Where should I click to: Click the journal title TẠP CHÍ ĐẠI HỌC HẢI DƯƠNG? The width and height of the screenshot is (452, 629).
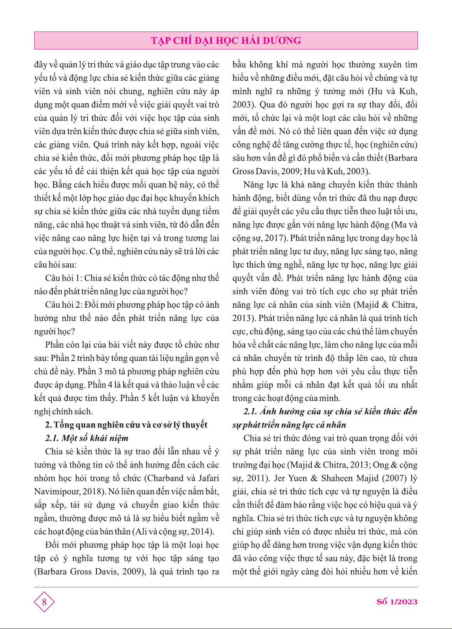tap(226, 40)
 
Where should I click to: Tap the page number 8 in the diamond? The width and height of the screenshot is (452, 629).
tap(44, 602)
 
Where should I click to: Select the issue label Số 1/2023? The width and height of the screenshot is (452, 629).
tap(397, 602)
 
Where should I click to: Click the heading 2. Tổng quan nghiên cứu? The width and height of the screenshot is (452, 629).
tap(126, 425)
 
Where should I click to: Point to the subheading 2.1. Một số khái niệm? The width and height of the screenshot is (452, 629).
tap(87, 438)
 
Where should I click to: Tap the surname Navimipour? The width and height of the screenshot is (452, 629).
tap(57, 492)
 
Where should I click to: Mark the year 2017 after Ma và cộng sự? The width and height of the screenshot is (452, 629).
tap(275, 238)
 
